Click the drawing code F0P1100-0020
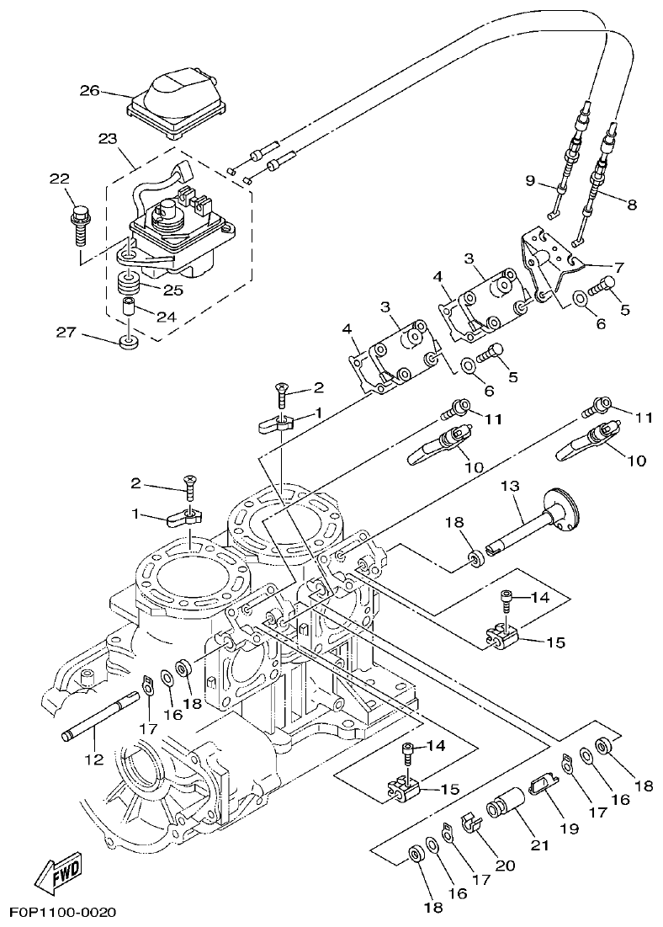[62, 912]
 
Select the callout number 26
[90, 90]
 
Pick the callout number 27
[66, 333]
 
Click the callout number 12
[93, 759]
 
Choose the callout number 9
[530, 180]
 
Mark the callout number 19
[570, 828]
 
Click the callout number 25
[172, 290]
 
